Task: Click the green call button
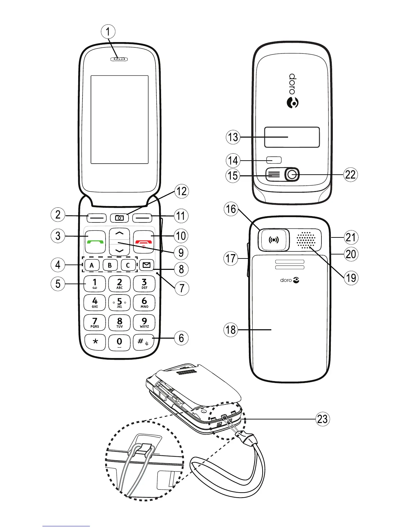tap(95, 241)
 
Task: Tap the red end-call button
tap(144, 241)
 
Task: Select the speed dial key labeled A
tap(92, 266)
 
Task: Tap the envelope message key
tap(147, 265)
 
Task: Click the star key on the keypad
tap(95, 342)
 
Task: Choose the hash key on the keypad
tap(144, 342)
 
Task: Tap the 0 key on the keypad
tap(119, 342)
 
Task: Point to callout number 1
tap(108, 32)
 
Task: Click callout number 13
tap(233, 137)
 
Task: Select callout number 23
tap(322, 419)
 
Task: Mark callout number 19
tap(351, 278)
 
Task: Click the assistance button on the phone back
tap(274, 240)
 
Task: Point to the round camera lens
tap(292, 174)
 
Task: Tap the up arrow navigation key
tap(119, 233)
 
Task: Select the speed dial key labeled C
tap(128, 266)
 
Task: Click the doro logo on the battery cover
tap(290, 280)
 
